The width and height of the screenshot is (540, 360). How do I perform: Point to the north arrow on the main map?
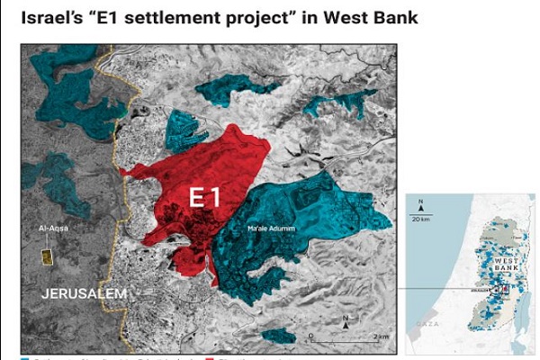[x=345, y=321]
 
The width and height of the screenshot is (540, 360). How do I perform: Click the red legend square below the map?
[x=209, y=357]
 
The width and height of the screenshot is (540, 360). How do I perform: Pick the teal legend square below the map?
[x=24, y=357]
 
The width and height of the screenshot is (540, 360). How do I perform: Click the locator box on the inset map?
[x=501, y=290]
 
